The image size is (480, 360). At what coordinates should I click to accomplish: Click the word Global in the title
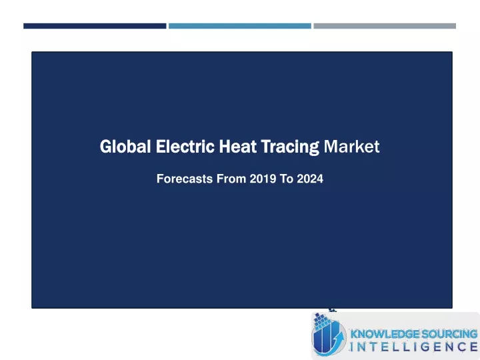125,146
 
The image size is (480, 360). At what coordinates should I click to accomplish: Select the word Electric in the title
185,146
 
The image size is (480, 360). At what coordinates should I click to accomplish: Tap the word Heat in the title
237,146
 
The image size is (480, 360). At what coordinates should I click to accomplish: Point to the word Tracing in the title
290,147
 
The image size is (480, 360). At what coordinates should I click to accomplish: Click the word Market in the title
352,146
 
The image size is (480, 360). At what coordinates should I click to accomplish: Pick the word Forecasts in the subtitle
185,179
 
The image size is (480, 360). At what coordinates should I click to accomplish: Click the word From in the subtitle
231,179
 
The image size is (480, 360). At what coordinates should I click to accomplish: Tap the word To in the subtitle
287,179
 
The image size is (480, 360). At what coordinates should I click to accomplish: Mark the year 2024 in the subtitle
310,179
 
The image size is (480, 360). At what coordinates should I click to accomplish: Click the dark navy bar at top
95,26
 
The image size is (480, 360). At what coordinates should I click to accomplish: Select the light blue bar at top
240,26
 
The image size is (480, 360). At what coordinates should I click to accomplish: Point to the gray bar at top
385,26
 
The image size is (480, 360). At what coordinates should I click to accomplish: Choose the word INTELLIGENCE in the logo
414,347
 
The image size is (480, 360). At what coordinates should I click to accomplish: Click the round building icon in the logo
329,336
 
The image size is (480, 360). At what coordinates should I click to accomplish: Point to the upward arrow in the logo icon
337,339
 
